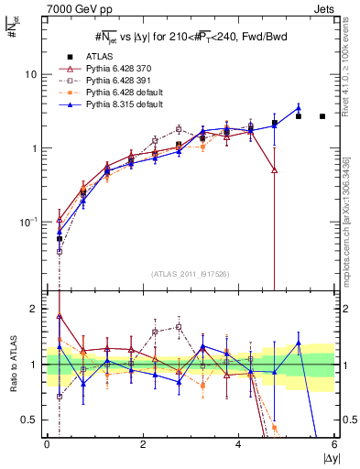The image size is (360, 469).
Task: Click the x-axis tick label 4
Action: coord(238,443)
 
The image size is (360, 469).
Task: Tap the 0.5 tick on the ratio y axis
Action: coord(32,420)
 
